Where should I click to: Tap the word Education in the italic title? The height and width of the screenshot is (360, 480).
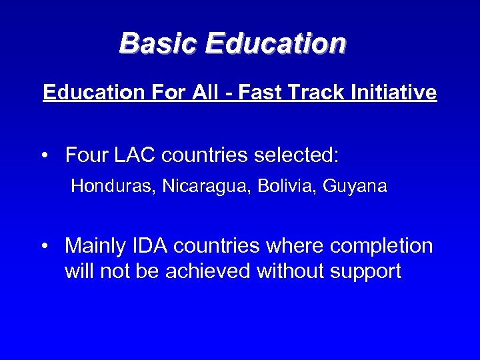point(276,44)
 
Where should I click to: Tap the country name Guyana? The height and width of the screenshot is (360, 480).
point(355,187)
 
